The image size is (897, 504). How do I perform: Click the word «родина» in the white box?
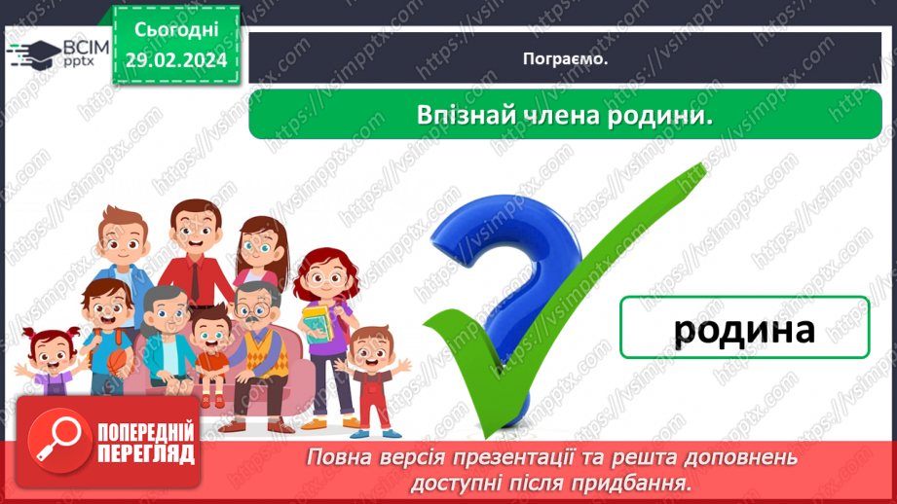pos(744,329)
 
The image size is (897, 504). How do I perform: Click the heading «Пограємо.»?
pos(565,59)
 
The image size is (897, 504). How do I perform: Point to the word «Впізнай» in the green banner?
pos(459,115)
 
